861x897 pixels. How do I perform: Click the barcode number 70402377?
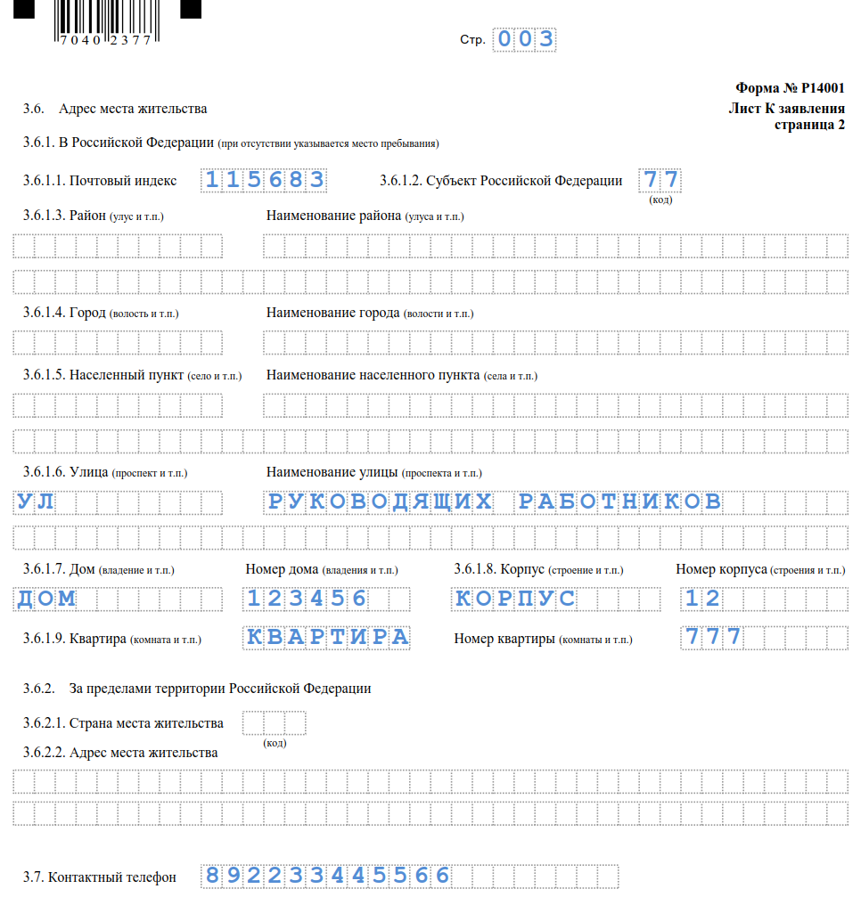click(105, 40)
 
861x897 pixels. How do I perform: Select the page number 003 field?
click(526, 39)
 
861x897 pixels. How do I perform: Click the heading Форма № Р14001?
click(790, 88)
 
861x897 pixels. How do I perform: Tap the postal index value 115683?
click(265, 180)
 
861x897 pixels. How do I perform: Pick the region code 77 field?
click(660, 180)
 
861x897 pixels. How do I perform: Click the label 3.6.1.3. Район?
click(94, 216)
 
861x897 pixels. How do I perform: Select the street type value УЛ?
click(37, 502)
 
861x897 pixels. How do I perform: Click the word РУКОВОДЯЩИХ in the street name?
click(381, 502)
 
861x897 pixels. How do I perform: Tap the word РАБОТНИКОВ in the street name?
click(620, 502)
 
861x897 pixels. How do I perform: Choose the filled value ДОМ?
click(47, 599)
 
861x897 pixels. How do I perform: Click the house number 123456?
click(307, 599)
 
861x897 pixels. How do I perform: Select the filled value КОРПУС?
click(515, 599)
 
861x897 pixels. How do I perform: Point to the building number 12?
click(702, 599)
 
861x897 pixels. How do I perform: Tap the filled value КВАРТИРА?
click(327, 637)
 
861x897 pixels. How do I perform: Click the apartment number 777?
click(713, 637)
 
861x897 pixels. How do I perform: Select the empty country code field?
click(275, 722)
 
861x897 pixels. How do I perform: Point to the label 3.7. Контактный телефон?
click(100, 877)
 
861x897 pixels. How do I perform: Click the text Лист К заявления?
click(786, 109)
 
